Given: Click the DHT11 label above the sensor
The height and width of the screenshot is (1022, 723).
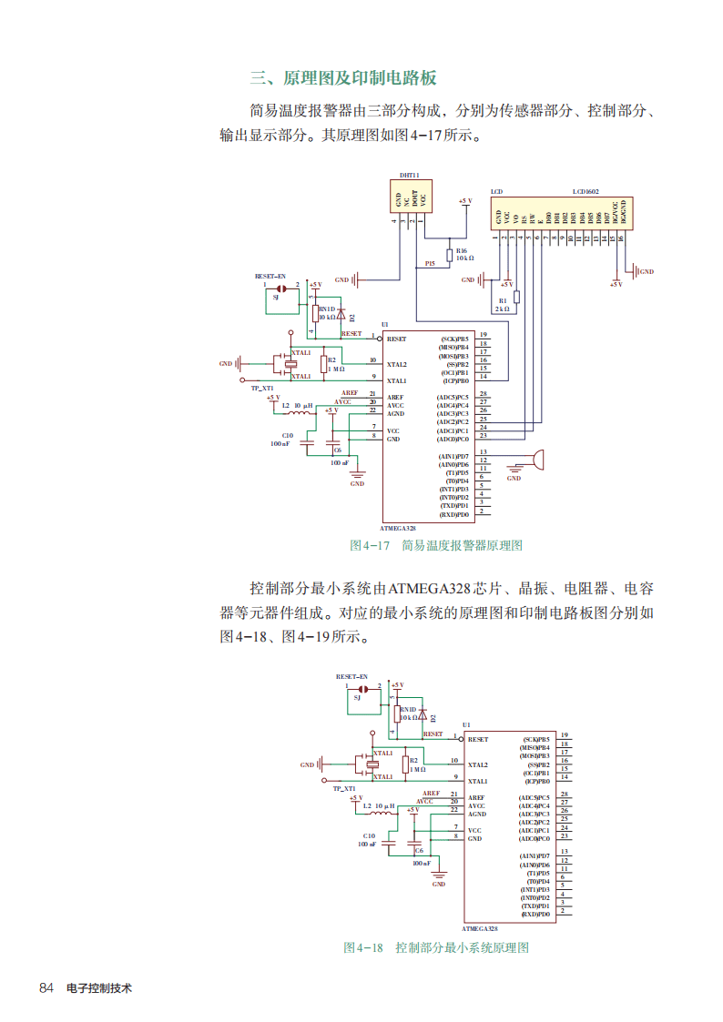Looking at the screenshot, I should pos(409,176).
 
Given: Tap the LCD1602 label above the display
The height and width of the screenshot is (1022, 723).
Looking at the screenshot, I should pos(586,192).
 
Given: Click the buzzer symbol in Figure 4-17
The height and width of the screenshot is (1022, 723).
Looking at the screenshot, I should pos(538,460).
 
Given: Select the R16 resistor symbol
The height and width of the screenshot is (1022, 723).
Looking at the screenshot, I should pos(449,254).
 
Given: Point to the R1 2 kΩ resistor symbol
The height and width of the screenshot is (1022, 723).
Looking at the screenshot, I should pos(516,297).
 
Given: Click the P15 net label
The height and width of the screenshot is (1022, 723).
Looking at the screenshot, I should pos(430,263).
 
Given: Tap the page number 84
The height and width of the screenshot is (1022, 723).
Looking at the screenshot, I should pos(47,987).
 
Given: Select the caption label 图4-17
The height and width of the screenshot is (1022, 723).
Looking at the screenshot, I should pos(370,545).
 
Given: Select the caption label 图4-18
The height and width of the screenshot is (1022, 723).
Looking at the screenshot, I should pos(363,947).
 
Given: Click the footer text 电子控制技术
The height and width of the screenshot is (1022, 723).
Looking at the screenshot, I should pos(99,987).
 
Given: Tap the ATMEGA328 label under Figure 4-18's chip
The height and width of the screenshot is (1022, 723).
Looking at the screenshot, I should pos(480,928).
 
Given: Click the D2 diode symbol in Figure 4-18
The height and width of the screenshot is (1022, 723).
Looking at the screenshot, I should pos(423,716).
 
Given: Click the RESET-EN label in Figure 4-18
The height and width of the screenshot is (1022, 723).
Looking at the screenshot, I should pos(351,677).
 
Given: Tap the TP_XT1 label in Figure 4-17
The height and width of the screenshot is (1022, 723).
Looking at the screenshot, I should pos(262,388).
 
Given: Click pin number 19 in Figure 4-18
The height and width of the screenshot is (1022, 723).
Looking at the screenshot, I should pos(565,735).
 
